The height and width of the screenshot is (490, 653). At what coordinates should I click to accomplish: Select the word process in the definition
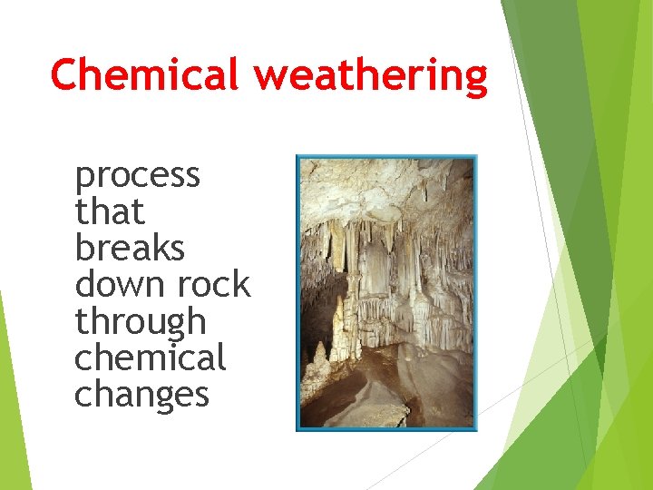(x=138, y=175)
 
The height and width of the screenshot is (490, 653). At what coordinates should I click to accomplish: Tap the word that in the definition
(x=110, y=212)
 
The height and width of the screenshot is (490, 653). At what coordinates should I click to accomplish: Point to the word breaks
(x=130, y=248)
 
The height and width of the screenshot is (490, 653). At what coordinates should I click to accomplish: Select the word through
(x=141, y=322)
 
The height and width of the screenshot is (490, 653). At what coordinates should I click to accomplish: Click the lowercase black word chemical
(x=150, y=358)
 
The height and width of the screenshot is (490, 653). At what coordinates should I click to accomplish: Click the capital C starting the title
(x=65, y=74)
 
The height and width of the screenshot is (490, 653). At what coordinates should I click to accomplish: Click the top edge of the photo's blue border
(x=386, y=156)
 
